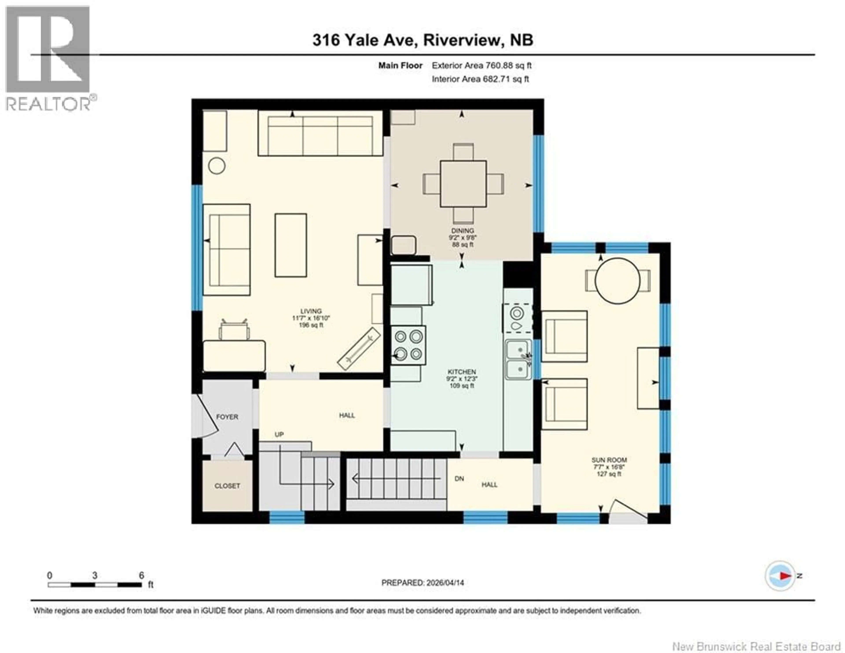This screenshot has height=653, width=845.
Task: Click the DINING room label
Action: point(462,230)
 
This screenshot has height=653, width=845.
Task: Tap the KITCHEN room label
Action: point(462,371)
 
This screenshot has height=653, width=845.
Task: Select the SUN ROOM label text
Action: point(609,460)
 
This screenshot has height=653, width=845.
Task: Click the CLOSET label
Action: point(227,486)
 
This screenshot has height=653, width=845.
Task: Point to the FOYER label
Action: point(227,417)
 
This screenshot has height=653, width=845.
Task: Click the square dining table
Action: point(463,184)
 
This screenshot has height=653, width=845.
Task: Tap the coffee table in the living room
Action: point(290,245)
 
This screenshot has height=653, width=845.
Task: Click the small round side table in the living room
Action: point(217,166)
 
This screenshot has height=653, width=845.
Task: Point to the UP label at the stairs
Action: point(279,434)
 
